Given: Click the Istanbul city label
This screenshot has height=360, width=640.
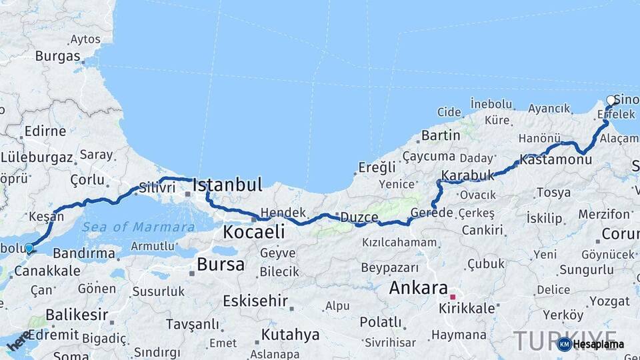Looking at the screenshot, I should click(227, 184).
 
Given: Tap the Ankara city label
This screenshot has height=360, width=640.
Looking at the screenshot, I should click(418, 289).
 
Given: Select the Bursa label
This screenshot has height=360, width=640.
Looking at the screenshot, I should click(221, 264).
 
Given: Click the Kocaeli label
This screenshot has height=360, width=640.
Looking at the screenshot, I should click(253, 232).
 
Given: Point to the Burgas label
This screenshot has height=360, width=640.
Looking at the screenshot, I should click(57, 56).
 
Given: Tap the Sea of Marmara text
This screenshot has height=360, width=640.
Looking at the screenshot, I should click(139, 227).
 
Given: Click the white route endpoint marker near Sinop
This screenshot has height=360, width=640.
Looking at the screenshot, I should click(611, 101).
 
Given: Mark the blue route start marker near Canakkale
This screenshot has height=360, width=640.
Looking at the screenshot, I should click(29, 248).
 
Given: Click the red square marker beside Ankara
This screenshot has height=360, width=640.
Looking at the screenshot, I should click(453, 297).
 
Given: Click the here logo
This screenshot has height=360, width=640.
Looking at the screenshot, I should click(19, 340).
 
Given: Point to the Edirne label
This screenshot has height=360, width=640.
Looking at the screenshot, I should click(45, 131).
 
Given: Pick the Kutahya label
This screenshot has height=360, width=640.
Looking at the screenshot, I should click(291, 334).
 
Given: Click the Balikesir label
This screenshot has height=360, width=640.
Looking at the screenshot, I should click(77, 314).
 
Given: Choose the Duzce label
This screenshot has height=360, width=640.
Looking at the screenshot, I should click(359, 218).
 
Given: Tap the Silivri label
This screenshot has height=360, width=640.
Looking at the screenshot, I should click(157, 188).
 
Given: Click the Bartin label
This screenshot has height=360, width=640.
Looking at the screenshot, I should click(441, 135).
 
